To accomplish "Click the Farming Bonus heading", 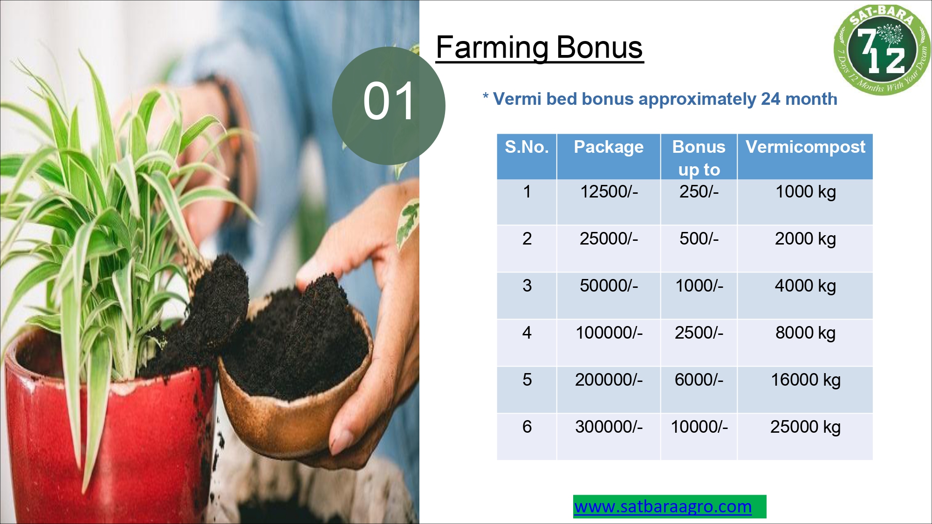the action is (x=540, y=48).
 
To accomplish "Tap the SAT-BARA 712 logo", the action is (x=882, y=49).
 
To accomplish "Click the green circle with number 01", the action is (x=389, y=106).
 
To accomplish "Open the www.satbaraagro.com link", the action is (x=663, y=506).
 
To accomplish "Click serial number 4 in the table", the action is (x=527, y=333).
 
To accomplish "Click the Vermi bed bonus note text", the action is (x=660, y=99).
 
